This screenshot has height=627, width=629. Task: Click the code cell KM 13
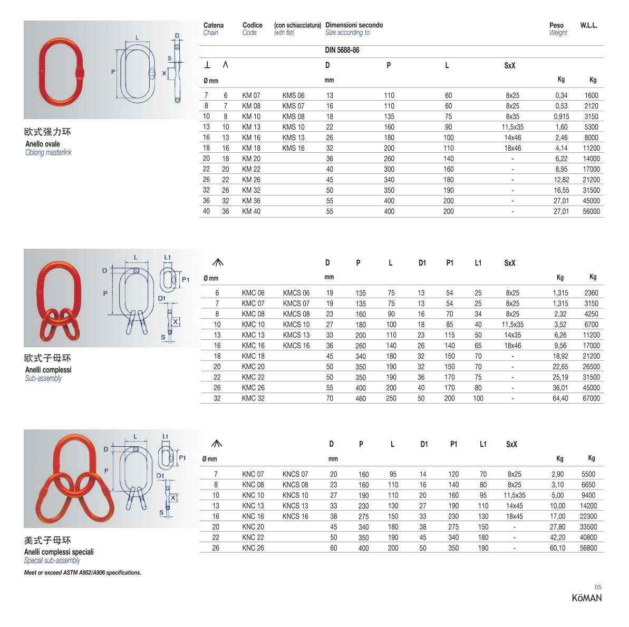click(251, 127)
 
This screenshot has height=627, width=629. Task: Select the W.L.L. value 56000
click(591, 211)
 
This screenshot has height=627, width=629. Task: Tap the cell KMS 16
click(293, 149)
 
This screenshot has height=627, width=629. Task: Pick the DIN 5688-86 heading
click(342, 50)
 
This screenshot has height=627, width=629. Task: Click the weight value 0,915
click(561, 116)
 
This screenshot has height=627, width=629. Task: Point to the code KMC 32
click(253, 398)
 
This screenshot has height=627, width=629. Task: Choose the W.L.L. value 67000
click(591, 398)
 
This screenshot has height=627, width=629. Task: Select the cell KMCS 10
click(296, 325)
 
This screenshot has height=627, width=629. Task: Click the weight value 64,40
click(560, 398)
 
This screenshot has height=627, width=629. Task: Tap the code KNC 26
click(253, 548)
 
